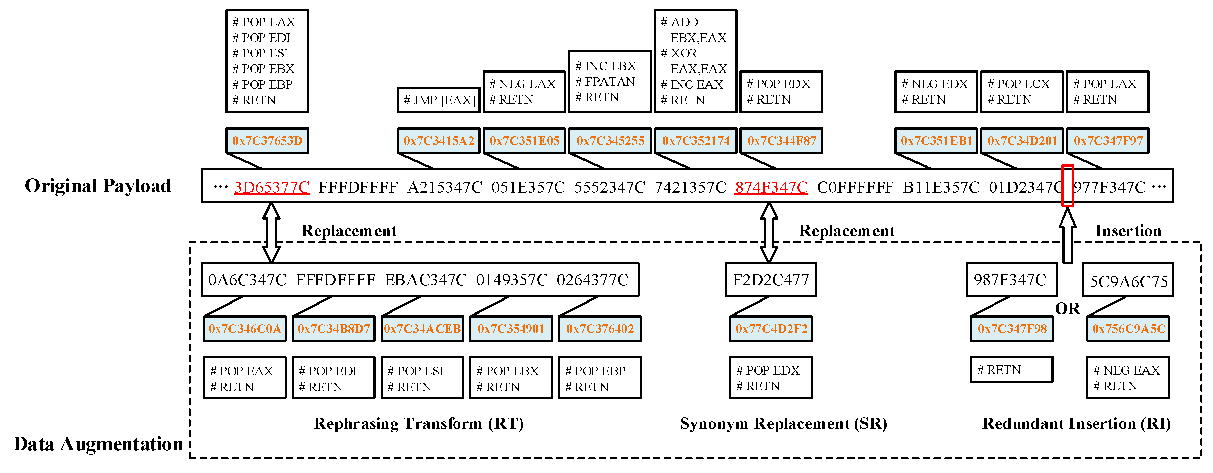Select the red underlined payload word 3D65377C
pyautogui.click(x=271, y=187)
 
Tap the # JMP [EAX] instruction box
pyautogui.click(x=438, y=100)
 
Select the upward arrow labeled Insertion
pyautogui.click(x=1067, y=236)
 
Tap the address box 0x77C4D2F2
pyautogui.click(x=771, y=329)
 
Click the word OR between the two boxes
pyautogui.click(x=1067, y=309)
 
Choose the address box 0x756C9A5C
pyautogui.click(x=1128, y=329)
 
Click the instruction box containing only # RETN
pyautogui.click(x=1011, y=370)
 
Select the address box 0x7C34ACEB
pyautogui.click(x=422, y=329)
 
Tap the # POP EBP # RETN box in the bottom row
pyautogui.click(x=599, y=378)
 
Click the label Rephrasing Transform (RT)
pyautogui.click(x=419, y=423)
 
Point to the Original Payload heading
pyautogui.click(x=98, y=186)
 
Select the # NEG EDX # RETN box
pyautogui.click(x=936, y=92)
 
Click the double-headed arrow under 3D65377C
pyautogui.click(x=271, y=232)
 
